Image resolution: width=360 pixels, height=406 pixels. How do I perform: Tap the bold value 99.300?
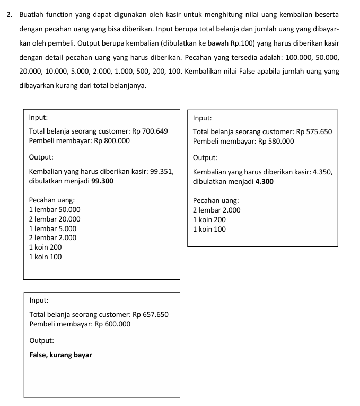[102, 181]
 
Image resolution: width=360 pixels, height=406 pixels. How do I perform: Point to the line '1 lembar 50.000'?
[55, 209]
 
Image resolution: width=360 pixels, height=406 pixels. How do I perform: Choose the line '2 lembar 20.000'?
[55, 219]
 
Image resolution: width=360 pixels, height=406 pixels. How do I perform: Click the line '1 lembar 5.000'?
[52, 228]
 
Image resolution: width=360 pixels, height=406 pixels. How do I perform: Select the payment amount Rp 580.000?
[276, 141]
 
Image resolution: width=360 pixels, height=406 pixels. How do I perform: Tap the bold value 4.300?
[264, 181]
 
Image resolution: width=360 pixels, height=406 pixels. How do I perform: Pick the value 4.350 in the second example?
[322, 172]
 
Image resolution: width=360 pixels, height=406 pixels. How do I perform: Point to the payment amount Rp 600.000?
[112, 324]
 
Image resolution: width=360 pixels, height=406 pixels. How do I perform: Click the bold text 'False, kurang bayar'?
[60, 355]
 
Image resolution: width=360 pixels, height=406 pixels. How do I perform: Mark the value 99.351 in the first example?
[162, 172]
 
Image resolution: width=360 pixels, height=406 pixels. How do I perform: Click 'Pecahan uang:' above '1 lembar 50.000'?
[51, 200]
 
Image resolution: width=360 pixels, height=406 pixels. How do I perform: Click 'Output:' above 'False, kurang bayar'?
[41, 341]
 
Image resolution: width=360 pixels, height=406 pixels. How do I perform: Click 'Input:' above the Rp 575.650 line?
[203, 118]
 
